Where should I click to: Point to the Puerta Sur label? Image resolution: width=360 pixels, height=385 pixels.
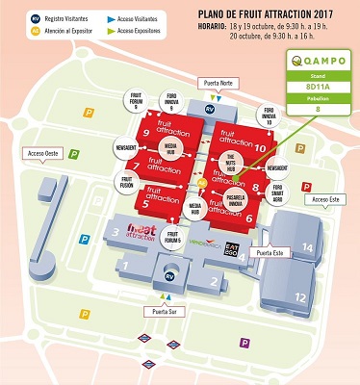pos(159,312)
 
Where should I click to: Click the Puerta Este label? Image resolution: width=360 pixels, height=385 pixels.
pos(265,252)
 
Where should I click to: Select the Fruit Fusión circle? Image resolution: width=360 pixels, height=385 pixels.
pos(126,182)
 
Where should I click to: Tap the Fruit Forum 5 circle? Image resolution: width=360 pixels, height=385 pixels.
pos(173,236)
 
